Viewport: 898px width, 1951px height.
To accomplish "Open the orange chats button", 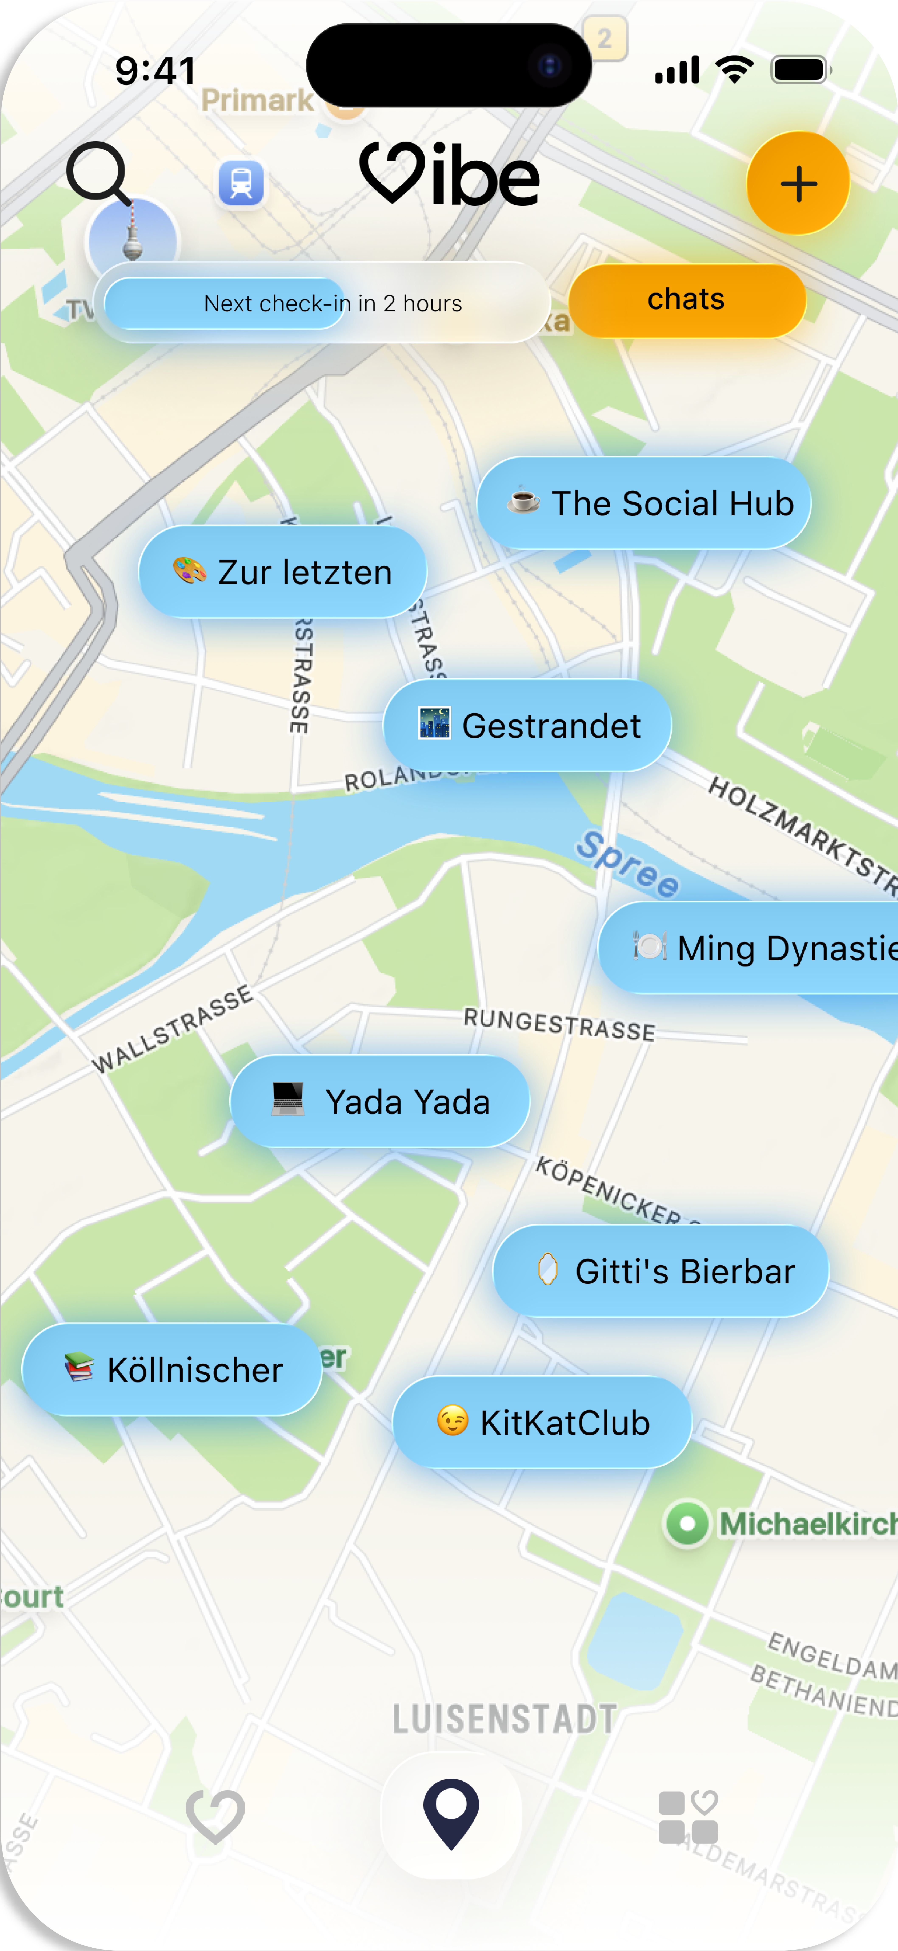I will tap(686, 300).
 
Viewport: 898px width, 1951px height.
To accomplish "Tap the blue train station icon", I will tap(241, 183).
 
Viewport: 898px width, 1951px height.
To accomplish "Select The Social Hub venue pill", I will tap(644, 503).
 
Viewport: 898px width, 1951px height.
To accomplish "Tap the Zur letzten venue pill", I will tap(282, 572).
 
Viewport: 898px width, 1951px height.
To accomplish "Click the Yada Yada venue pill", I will tap(379, 1101).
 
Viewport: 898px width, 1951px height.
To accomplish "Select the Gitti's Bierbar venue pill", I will tap(660, 1271).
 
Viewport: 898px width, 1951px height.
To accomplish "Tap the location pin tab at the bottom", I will tap(450, 1814).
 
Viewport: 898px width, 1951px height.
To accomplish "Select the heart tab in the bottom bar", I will tap(215, 1815).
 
